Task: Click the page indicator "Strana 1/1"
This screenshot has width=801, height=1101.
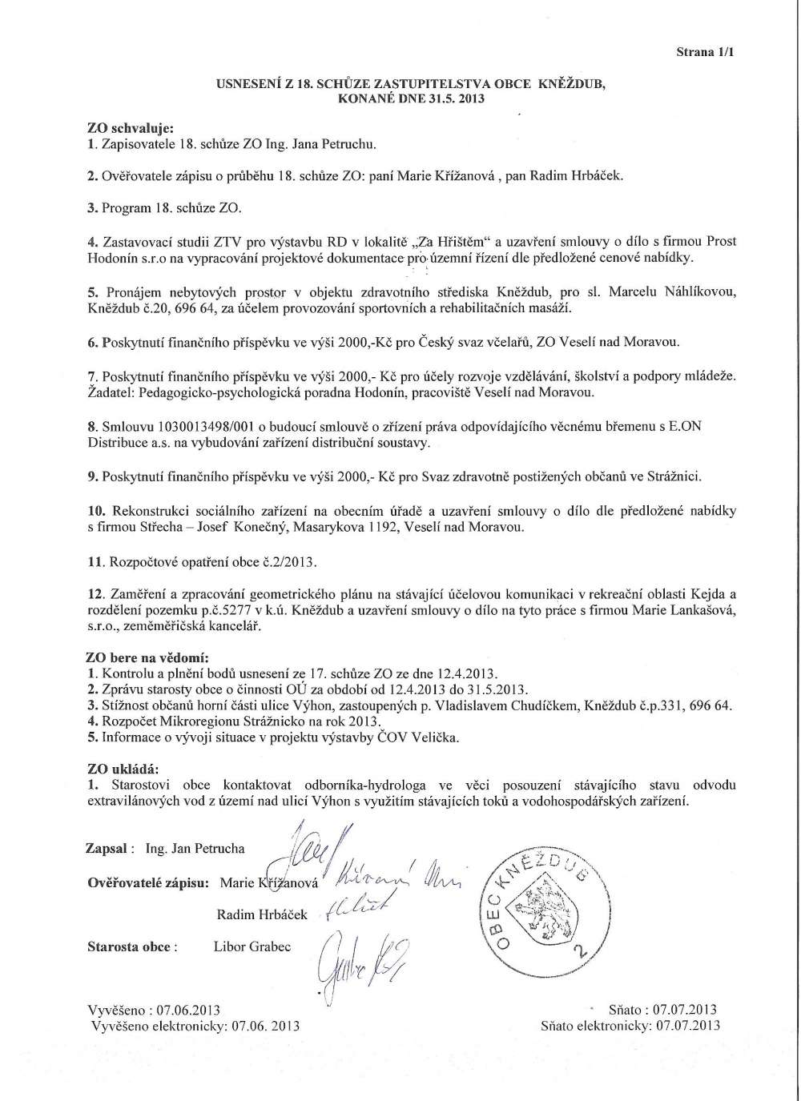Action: pyautogui.click(x=706, y=52)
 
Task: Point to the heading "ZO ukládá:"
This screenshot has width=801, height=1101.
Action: pyautogui.click(x=122, y=770)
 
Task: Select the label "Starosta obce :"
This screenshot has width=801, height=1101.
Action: pyautogui.click(x=132, y=946)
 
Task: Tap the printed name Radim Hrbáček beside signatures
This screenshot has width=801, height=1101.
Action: pyautogui.click(x=262, y=914)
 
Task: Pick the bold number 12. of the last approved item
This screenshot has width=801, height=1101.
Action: pyautogui.click(x=95, y=593)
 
